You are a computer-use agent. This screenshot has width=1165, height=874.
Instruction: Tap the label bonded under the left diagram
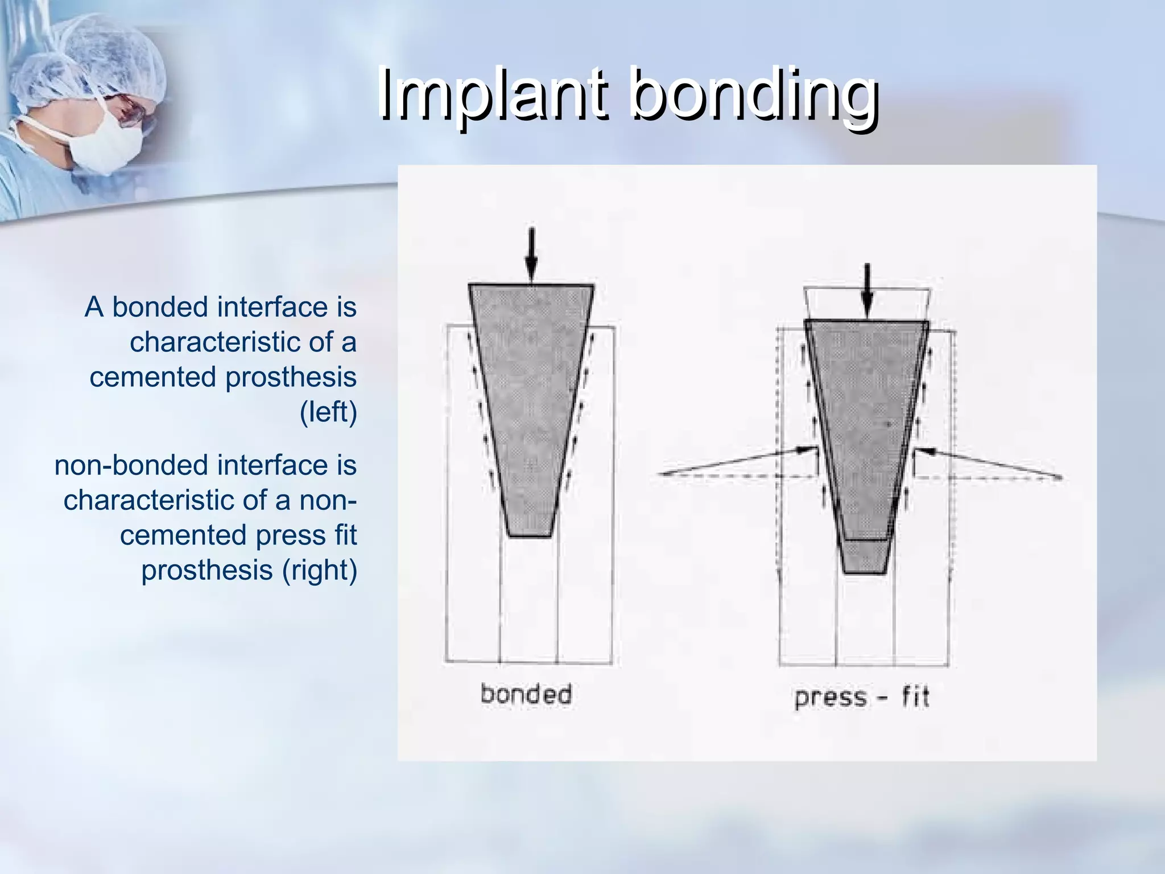tap(526, 695)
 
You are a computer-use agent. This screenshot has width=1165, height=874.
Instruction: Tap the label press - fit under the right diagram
tap(861, 698)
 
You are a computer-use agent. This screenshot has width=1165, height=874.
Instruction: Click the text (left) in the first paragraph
tap(328, 412)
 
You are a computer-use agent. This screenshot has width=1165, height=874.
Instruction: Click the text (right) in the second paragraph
tap(320, 570)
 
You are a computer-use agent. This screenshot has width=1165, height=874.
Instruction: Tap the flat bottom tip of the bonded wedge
tap(530, 535)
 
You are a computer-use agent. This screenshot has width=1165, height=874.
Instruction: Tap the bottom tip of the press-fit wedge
tap(864, 572)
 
